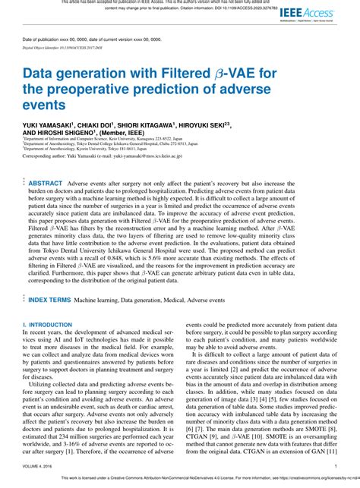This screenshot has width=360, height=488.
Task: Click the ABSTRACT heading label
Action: pos(46,184)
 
